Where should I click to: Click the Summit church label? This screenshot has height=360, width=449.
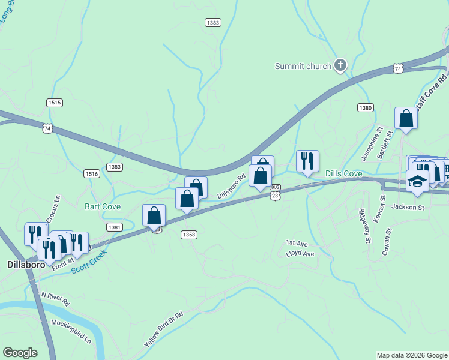coord(303,66)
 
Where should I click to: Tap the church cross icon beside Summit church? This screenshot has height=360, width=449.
coord(340,65)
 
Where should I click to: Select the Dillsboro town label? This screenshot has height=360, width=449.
coord(23,264)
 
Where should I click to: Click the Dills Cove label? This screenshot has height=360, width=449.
coord(343,173)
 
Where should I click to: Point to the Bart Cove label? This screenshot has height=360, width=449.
coord(103,206)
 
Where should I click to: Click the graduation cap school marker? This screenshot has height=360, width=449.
coord(417,181)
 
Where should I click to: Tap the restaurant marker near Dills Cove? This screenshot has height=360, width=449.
coord(307,161)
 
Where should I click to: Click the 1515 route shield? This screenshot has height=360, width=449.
coord(55,103)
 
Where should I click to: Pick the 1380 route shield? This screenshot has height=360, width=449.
coord(365,107)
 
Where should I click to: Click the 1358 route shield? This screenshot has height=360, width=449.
coord(188,235)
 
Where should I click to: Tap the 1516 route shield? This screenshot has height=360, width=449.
coord(92,173)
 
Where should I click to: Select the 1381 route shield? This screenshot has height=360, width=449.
coord(115,227)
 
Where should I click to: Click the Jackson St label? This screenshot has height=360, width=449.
coord(408,208)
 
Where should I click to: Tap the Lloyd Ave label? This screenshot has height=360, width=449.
coord(300,254)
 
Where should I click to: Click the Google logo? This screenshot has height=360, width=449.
coord(20,353)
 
